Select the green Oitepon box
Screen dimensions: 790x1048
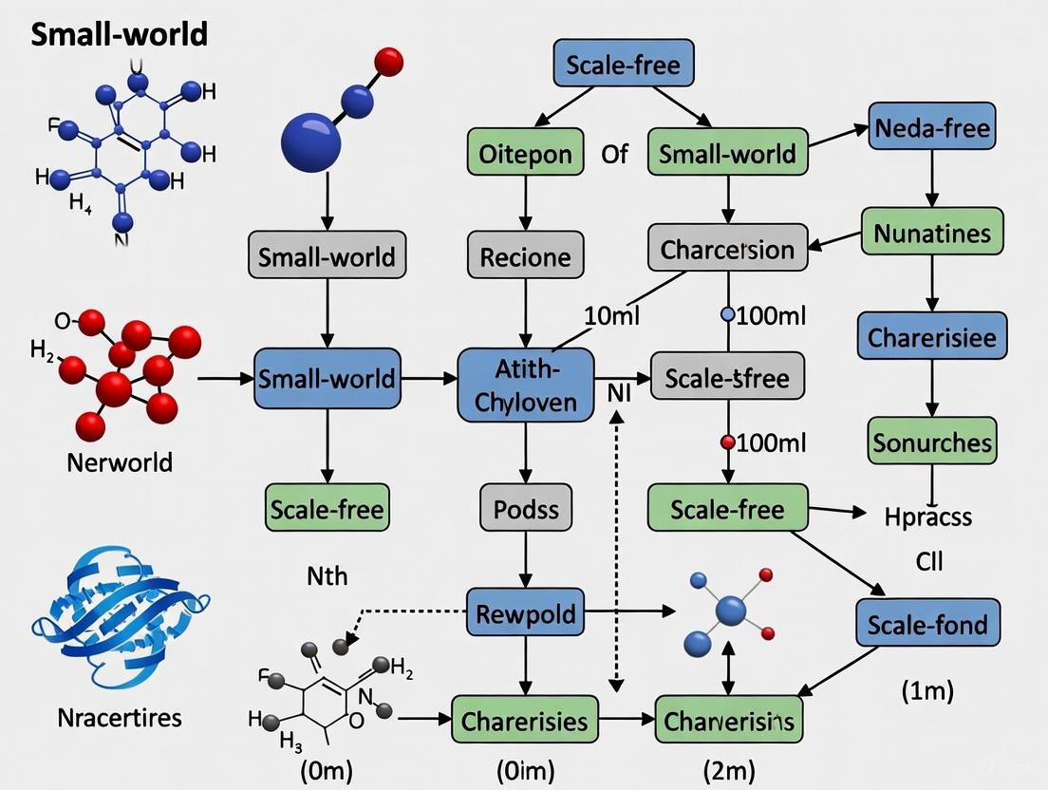point(525,153)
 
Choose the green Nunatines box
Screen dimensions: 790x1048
point(931,232)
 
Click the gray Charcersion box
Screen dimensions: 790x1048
point(727,249)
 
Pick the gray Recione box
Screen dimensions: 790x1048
point(525,256)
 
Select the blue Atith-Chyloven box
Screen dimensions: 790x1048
point(525,385)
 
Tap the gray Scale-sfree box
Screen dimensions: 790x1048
point(727,377)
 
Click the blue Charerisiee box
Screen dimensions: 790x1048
point(931,338)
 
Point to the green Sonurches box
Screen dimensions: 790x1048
point(931,442)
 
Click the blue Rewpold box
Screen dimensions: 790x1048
point(525,612)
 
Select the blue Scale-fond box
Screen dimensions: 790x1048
point(927,624)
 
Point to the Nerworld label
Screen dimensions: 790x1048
point(120,462)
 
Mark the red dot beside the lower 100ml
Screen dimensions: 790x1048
point(728,442)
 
